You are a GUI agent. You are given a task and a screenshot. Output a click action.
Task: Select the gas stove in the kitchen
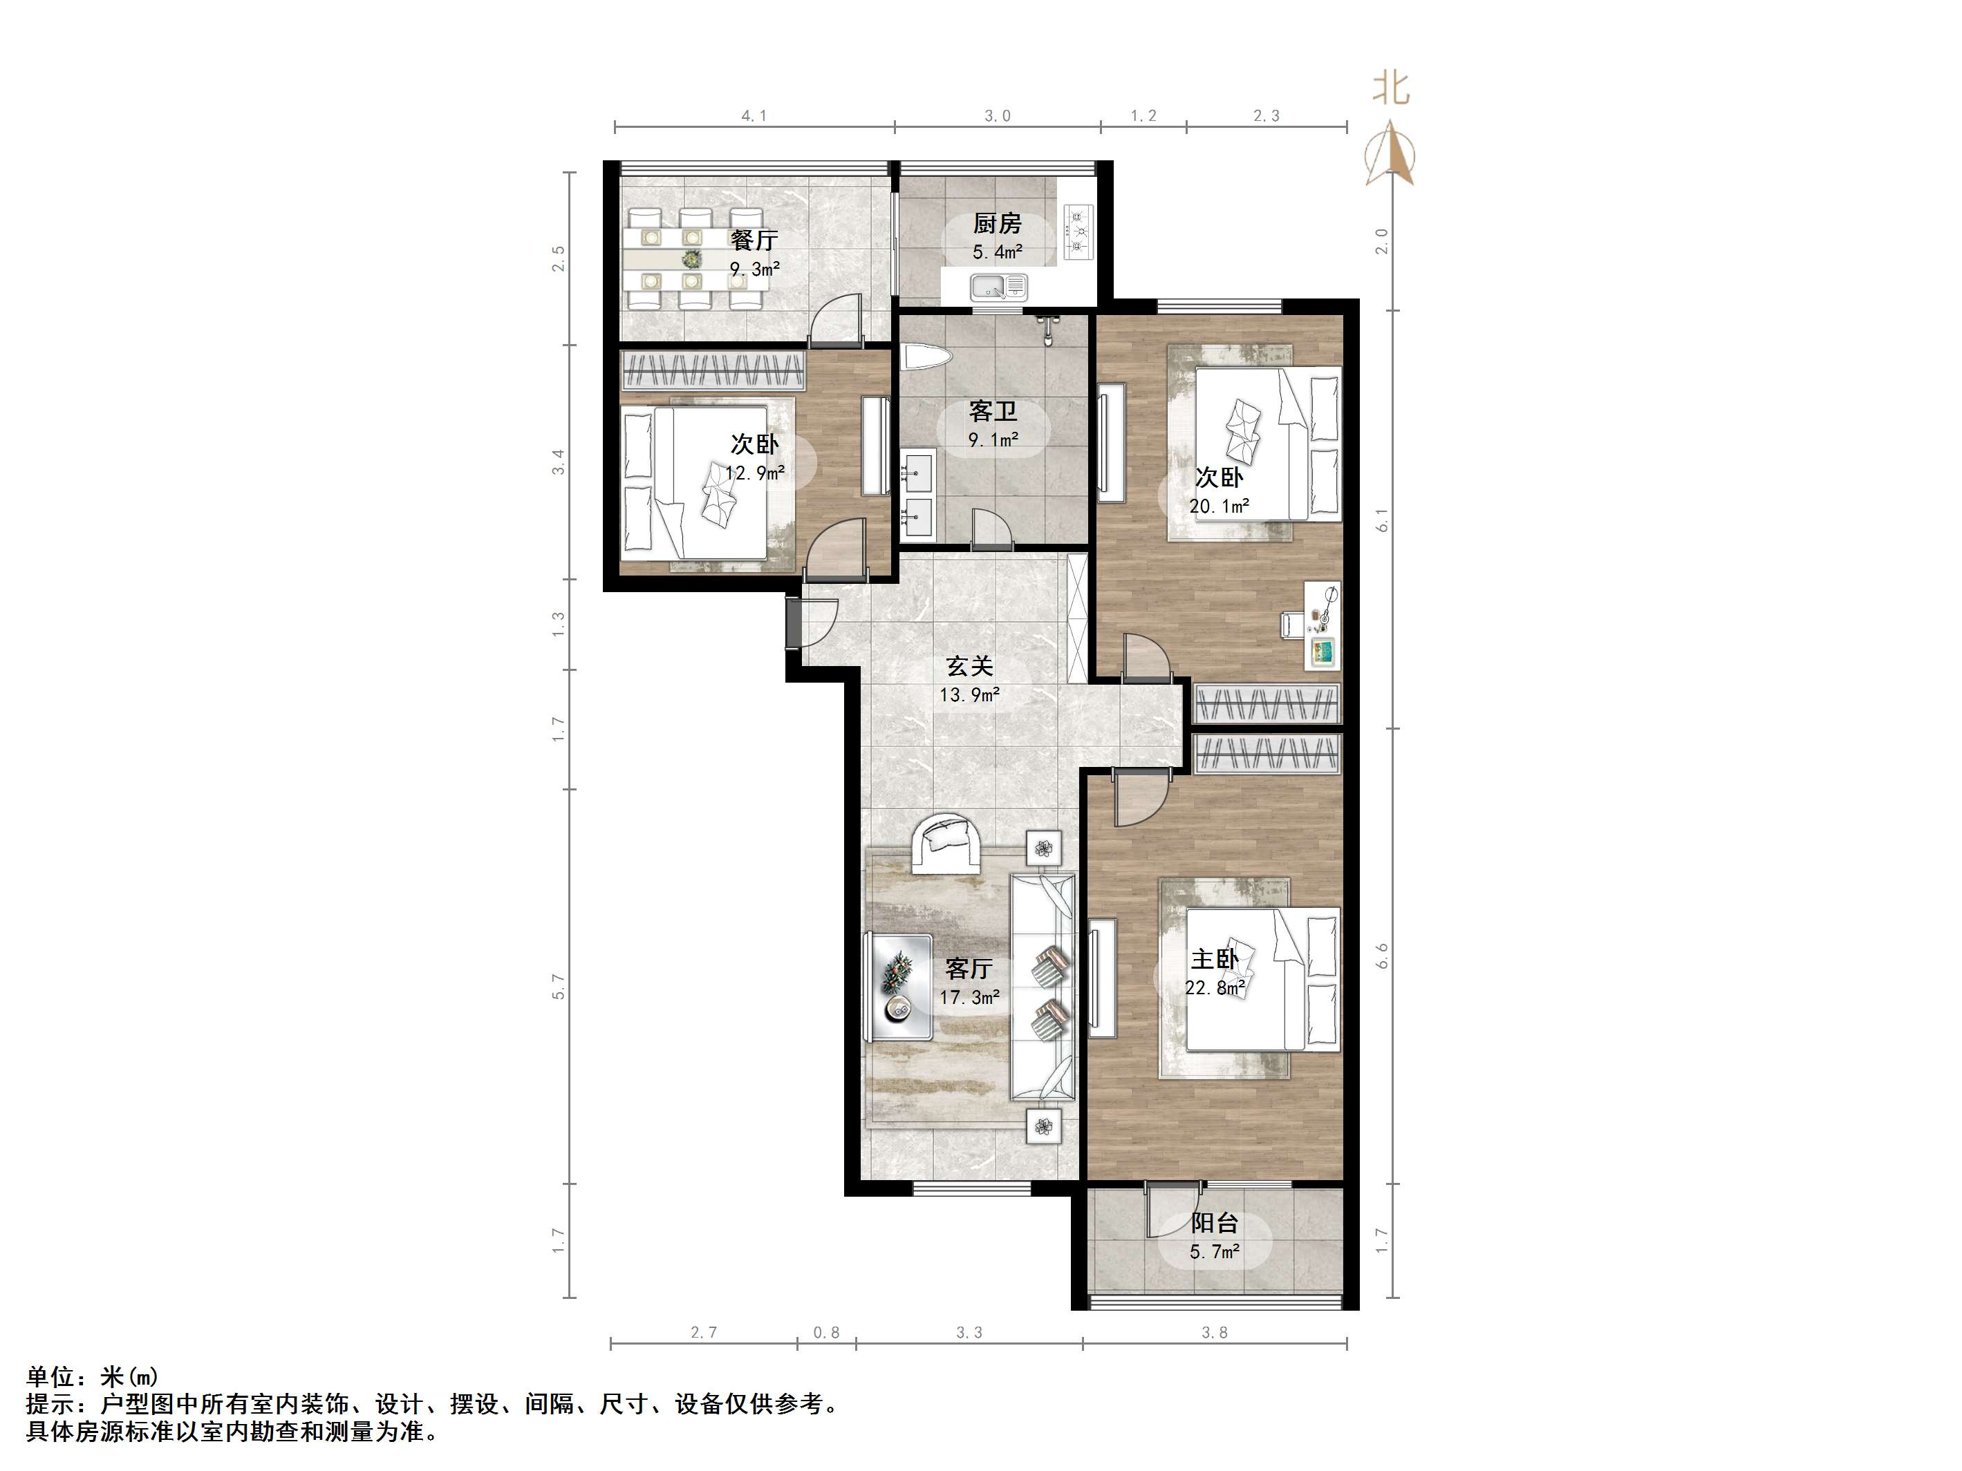tap(1078, 232)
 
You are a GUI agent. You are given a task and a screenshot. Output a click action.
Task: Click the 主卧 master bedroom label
tap(1214, 958)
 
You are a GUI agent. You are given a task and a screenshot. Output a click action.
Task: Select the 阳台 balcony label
tap(1214, 1224)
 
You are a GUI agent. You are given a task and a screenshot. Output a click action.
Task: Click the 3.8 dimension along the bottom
tap(1214, 1333)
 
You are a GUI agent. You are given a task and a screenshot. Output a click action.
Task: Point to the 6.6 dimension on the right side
tap(1382, 955)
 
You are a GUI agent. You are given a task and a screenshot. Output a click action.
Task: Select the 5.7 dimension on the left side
tap(558, 986)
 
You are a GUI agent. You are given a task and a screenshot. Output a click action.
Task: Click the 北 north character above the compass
tap(1390, 88)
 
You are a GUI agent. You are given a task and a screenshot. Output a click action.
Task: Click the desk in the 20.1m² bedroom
tap(1323, 626)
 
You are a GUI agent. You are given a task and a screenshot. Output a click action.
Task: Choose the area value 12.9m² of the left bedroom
tap(755, 473)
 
